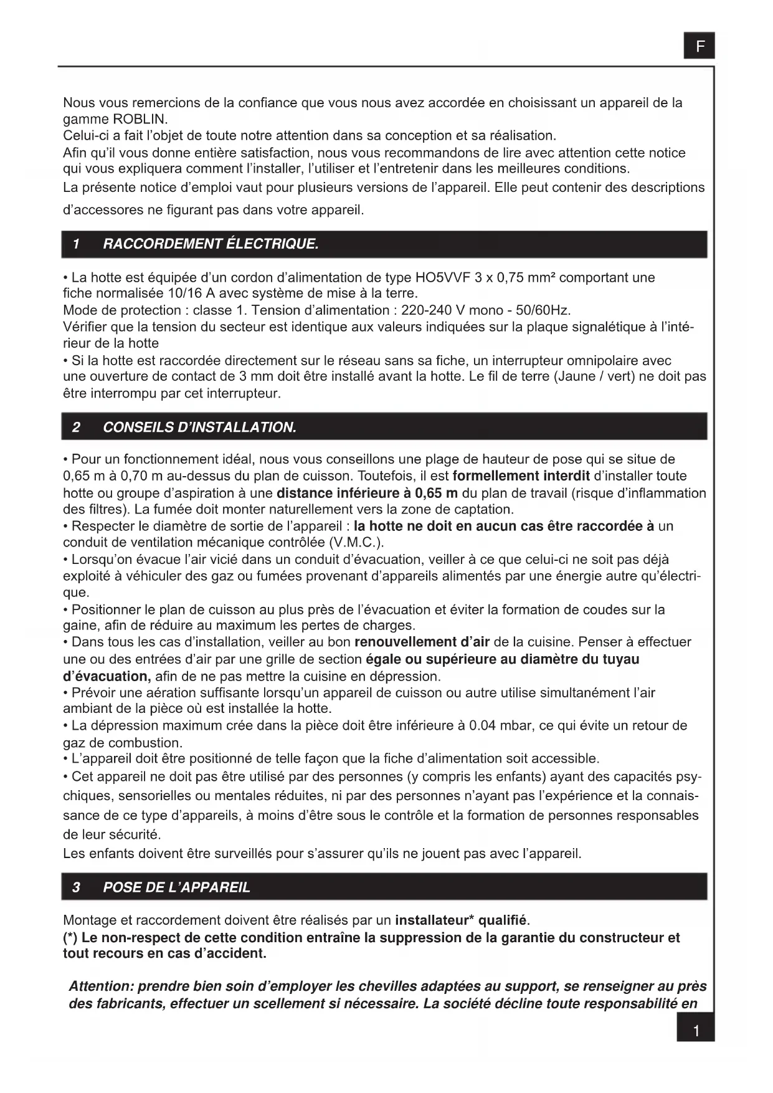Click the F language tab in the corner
pyautogui.click(x=699, y=45)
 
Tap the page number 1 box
pyautogui.click(x=695, y=1031)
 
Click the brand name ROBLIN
pyautogui.click(x=140, y=119)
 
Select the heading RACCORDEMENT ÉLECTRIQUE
pyautogui.click(x=211, y=244)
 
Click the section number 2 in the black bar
pyautogui.click(x=76, y=427)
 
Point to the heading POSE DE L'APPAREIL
pyautogui.click(x=176, y=887)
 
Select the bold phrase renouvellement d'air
pyautogui.click(x=422, y=642)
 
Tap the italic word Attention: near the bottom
pyautogui.click(x=102, y=986)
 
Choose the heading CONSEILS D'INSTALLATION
pyautogui.click(x=199, y=427)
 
